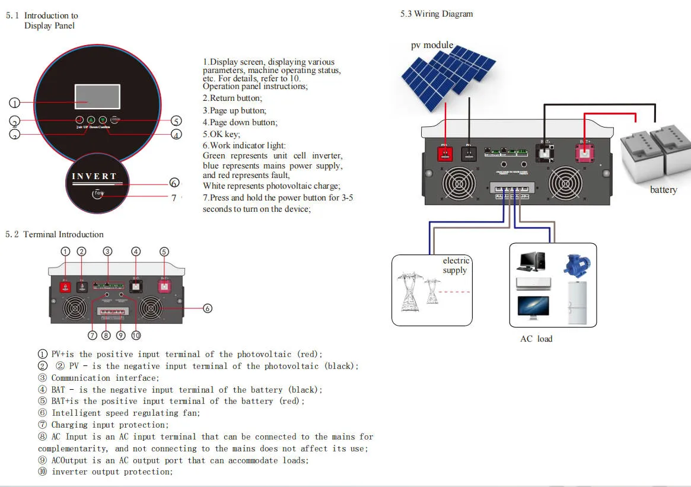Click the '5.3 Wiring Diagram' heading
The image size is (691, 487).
click(437, 14)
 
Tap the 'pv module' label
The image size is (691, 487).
click(432, 45)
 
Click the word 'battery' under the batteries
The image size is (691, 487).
click(663, 190)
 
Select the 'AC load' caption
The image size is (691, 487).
click(536, 339)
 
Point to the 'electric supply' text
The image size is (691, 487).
click(456, 266)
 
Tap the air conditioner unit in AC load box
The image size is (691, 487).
click(533, 283)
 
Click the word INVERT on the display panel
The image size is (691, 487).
click(94, 176)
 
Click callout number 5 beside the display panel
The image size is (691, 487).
click(176, 121)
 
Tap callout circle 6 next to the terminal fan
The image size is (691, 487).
click(208, 308)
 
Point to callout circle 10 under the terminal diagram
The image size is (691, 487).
click(136, 335)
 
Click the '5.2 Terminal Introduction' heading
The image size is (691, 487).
click(55, 235)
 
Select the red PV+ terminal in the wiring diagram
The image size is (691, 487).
click(445, 153)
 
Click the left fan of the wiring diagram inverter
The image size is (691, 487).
click(456, 183)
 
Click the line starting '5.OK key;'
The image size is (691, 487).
click(221, 135)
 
